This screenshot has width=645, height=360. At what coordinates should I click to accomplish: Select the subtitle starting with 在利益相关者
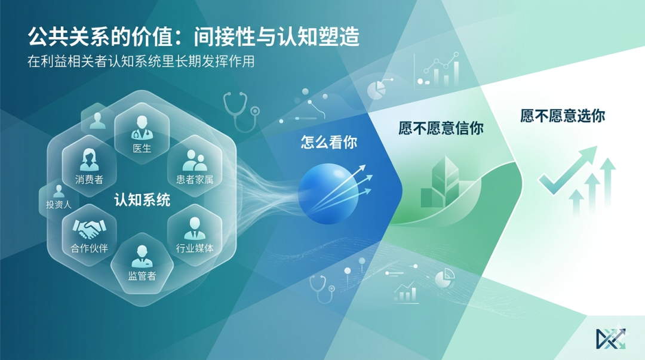(141, 61)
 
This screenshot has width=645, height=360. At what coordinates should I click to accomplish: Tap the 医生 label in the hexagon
(142, 148)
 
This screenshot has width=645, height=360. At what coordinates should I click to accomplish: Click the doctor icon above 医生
(142, 128)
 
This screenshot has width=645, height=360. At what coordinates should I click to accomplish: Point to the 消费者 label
(89, 179)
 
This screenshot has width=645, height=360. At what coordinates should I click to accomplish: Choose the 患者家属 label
(194, 179)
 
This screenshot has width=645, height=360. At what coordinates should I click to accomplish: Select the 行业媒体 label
(194, 248)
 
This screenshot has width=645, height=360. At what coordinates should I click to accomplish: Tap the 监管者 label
(142, 275)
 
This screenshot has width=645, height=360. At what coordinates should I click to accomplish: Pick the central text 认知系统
(142, 200)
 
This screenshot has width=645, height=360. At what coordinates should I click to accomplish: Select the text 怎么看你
(328, 142)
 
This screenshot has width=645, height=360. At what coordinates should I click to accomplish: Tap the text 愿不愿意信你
(441, 128)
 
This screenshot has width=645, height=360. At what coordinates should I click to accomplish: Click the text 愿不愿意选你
(562, 115)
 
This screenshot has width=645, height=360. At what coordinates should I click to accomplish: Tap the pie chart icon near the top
(375, 90)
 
